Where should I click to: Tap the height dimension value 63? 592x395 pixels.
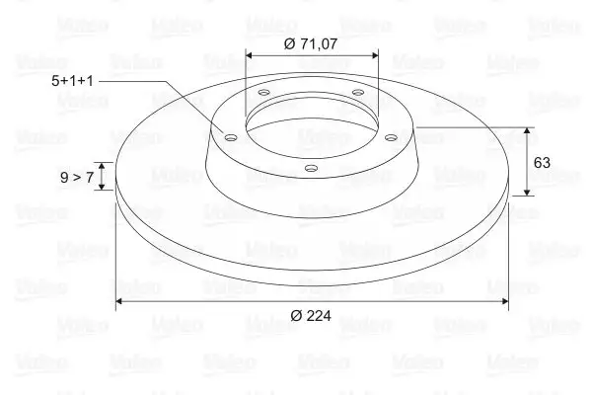pyautogui.click(x=542, y=162)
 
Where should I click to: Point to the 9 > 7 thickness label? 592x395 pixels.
pyautogui.click(x=76, y=177)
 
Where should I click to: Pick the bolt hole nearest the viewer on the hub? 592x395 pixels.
pyautogui.click(x=310, y=168)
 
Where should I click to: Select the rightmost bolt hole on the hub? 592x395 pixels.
pyautogui.click(x=390, y=137)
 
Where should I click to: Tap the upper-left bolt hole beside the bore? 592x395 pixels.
pyautogui.click(x=264, y=95)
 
